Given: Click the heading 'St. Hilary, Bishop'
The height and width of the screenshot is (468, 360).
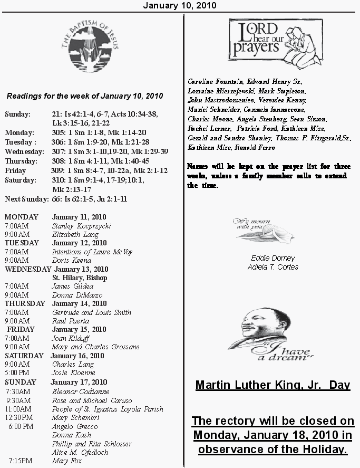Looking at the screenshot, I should pos(80,278).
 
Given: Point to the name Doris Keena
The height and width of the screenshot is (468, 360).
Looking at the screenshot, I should pos(71,260).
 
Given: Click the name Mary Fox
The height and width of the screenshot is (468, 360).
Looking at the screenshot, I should pos(66,461).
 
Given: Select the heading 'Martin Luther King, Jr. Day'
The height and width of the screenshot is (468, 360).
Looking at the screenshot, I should pos(273,385).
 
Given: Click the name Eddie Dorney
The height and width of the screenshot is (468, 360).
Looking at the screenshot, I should pos(273,259).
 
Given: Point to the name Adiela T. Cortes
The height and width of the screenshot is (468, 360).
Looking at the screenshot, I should pos(273,267).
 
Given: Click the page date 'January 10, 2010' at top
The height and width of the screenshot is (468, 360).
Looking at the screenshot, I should pos(179,5).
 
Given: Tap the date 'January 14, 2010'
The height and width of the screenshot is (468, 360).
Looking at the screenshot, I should pos(79,303).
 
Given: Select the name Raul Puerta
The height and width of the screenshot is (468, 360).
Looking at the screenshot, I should pos(71,321).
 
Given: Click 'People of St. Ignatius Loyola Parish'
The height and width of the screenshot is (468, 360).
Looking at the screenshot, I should pos(108,409).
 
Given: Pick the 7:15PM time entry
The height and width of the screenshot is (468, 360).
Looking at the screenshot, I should pos(20,461).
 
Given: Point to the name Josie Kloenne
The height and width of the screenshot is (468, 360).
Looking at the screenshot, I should pos(73,373).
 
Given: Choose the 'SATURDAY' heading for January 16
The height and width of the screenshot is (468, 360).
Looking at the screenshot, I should pos(24,356).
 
